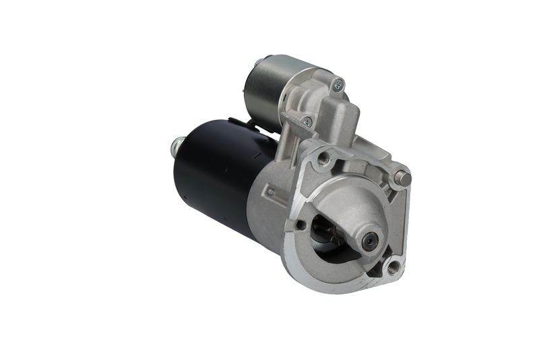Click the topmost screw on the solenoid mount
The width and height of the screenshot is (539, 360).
click(338, 85)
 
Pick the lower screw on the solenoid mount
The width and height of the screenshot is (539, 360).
click(307, 122)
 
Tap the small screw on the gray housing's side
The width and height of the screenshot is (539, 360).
click(270, 192)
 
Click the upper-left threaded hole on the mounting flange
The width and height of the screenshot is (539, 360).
click(323, 159)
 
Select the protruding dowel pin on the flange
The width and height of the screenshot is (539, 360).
click(403, 178)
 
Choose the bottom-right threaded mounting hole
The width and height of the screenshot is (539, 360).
click(393, 267)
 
